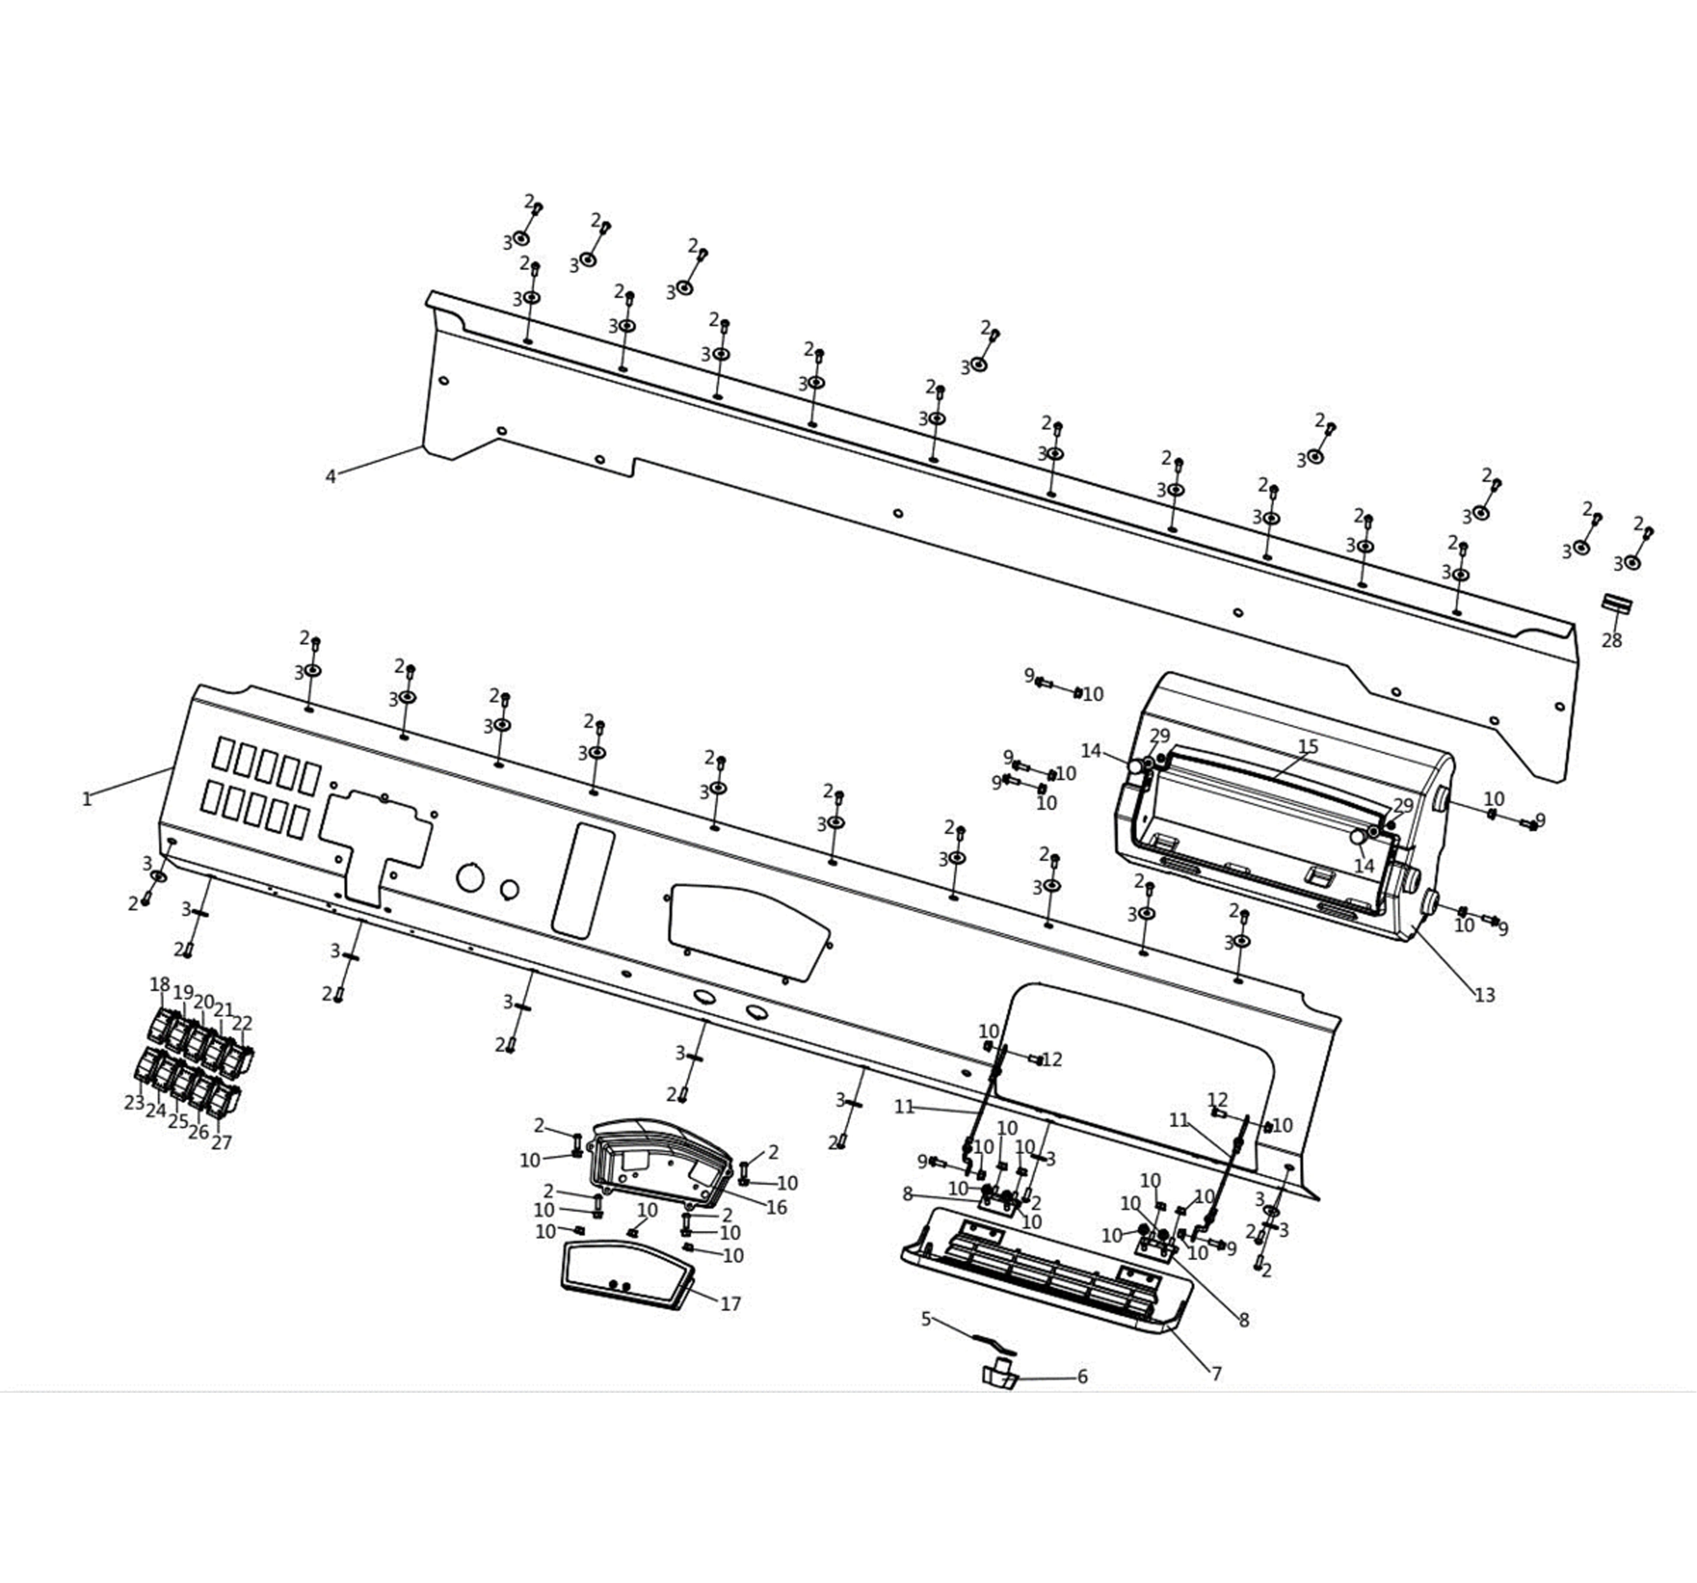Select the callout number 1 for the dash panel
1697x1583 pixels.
(x=86, y=799)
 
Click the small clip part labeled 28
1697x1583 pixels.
(x=1616, y=604)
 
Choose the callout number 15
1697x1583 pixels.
(x=1308, y=747)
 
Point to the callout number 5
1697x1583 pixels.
(x=926, y=1319)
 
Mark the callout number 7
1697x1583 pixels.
(x=1216, y=1374)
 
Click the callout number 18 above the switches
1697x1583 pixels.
(x=160, y=984)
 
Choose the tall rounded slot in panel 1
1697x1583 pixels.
(x=583, y=881)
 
